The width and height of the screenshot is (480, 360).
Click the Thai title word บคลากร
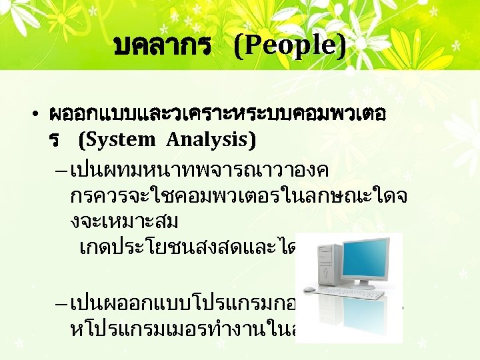pyautogui.click(x=163, y=46)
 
